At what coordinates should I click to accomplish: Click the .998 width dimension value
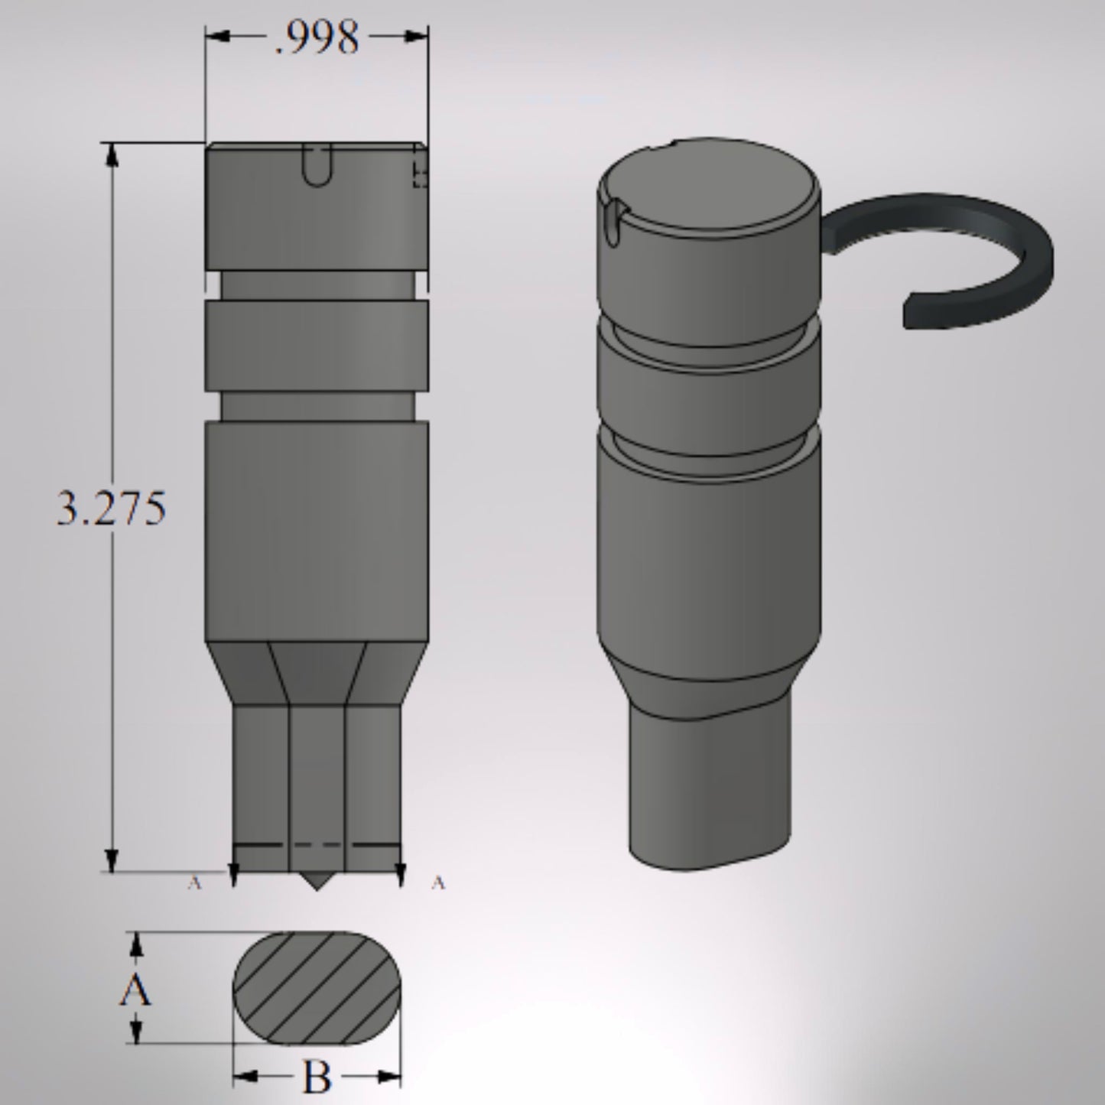click(x=317, y=37)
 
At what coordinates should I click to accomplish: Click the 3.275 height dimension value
click(x=112, y=508)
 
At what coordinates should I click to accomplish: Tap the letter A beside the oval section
click(x=135, y=992)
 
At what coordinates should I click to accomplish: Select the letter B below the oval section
click(x=317, y=1078)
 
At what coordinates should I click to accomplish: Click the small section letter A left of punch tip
click(x=194, y=883)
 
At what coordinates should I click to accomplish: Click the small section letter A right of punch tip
click(x=437, y=883)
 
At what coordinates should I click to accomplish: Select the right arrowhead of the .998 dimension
click(x=417, y=36)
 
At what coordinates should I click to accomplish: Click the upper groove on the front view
click(x=317, y=284)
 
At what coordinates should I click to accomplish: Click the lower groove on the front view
click(x=317, y=405)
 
